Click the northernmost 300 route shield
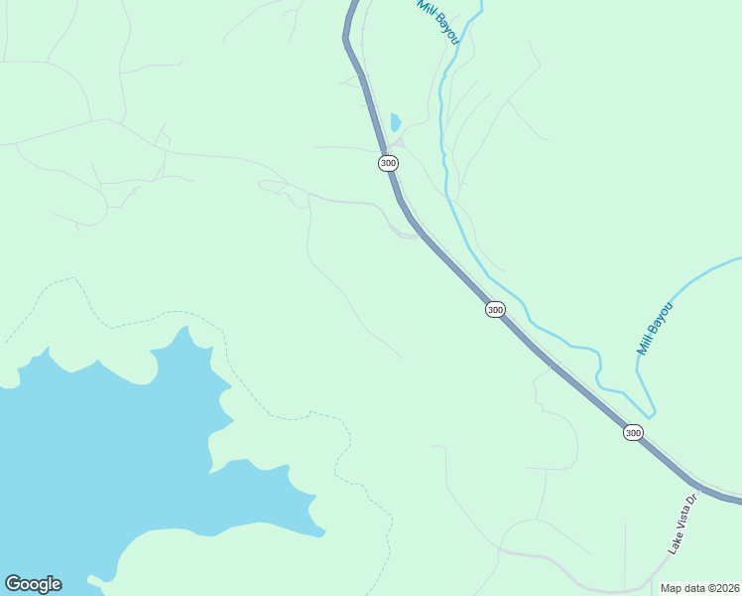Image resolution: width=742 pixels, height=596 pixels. coord(388,163)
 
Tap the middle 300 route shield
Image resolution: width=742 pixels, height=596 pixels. coord(495,310)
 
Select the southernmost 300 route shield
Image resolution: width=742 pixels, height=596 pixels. coord(633,432)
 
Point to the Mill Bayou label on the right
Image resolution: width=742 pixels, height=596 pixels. coord(655,330)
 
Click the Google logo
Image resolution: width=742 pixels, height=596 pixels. coord(33,584)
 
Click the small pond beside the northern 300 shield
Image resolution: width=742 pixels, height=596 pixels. coord(396,123)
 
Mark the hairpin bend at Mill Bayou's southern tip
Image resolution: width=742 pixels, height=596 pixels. coord(651,413)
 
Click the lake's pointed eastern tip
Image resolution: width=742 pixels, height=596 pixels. coord(323,534)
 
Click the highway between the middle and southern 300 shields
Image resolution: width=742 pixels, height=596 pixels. coord(565,373)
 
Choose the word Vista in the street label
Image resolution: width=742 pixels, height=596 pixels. coord(683,520)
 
